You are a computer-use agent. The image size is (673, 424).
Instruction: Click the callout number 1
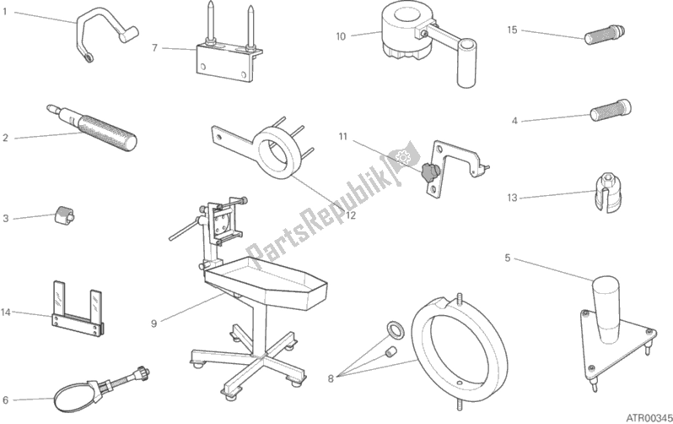point(5,12)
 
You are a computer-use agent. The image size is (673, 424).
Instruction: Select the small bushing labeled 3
point(64,215)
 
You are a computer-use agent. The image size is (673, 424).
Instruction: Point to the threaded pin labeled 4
point(611,110)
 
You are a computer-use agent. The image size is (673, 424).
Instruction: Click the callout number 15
point(512,30)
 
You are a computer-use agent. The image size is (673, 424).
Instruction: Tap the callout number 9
point(154,323)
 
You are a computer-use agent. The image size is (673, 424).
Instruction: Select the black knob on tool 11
point(428,173)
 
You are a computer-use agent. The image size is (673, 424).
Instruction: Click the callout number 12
point(351,215)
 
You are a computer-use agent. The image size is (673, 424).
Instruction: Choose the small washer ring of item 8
point(394,330)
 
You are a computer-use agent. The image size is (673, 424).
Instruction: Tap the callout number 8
point(331,379)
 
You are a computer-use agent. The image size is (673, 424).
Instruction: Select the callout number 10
point(341,36)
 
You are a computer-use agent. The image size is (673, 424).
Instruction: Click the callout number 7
point(155,48)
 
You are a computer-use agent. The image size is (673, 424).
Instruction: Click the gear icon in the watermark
point(403,157)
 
